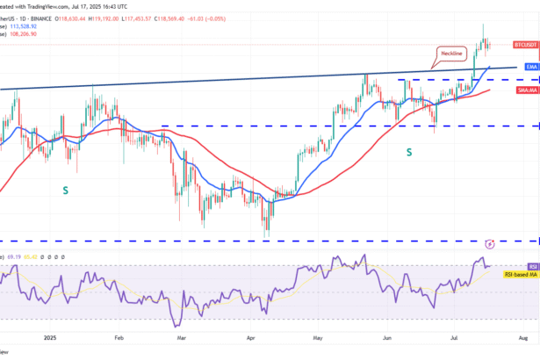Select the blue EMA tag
point(531,67)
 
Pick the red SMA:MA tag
point(528,90)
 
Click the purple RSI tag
point(532,266)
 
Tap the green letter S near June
point(409,153)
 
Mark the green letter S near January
point(64,189)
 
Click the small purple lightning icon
point(490,241)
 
